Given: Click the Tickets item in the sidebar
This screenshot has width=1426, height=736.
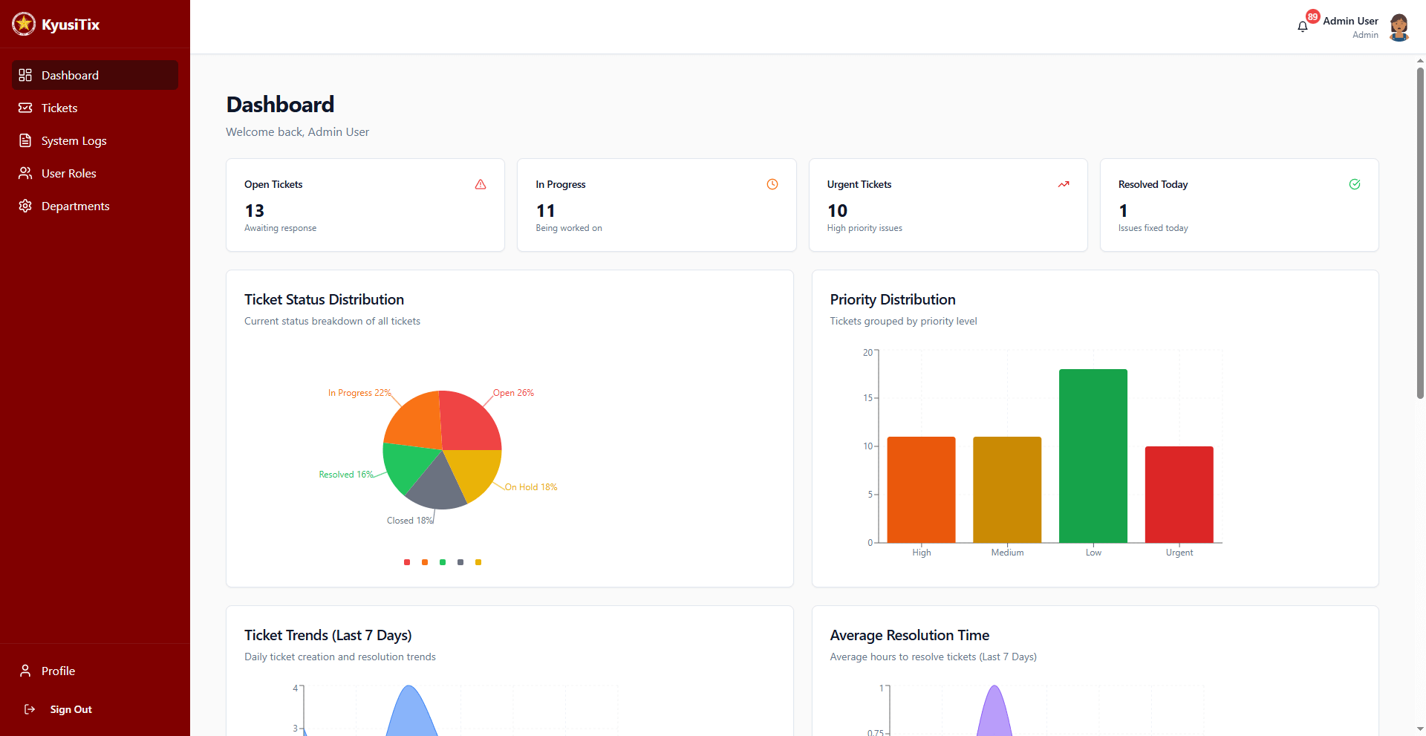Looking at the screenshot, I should (59, 108).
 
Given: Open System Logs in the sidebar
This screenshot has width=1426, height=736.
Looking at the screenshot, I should (74, 141).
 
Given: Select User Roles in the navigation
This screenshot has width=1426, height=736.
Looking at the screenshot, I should (68, 174).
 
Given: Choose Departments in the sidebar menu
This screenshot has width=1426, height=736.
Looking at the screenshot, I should (75, 206).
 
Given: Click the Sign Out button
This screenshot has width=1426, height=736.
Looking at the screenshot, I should (71, 709).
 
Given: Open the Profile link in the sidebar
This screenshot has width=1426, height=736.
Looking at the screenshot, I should (58, 671).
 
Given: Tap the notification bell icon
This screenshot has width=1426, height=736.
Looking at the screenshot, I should (1302, 27).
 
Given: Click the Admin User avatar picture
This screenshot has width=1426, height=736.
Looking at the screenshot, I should (1399, 27).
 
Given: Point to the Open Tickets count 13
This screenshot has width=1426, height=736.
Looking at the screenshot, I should (255, 211).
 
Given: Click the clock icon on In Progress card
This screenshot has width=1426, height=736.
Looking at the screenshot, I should (772, 184).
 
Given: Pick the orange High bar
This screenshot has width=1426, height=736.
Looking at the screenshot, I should (921, 489).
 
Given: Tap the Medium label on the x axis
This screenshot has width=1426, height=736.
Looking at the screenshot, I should (1007, 553).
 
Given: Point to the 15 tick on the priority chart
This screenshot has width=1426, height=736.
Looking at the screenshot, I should (867, 398).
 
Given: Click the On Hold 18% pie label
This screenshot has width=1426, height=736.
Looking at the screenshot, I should (531, 487).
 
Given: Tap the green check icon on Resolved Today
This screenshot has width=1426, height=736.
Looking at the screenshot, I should (1355, 184).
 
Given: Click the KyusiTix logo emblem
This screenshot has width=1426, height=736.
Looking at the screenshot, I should (24, 24).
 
